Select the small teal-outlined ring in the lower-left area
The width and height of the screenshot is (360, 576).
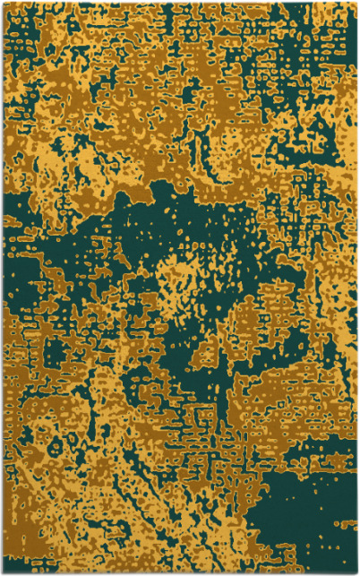[x=36, y=421]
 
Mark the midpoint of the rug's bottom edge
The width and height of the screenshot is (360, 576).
[x=180, y=573]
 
